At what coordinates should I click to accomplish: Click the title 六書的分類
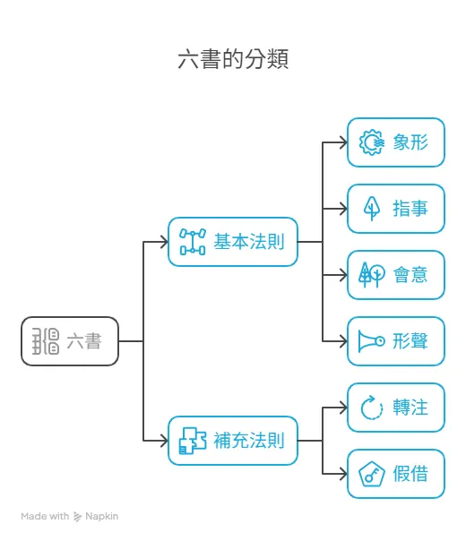tap(233, 60)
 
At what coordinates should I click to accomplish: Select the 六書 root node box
tap(70, 340)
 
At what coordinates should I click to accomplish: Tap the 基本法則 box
tap(232, 241)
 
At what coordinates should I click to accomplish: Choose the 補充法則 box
tap(232, 440)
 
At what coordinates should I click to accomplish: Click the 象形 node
tap(395, 142)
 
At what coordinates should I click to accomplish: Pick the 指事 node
tap(395, 208)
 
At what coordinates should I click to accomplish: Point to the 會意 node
tap(395, 274)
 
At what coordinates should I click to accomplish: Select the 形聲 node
tap(395, 340)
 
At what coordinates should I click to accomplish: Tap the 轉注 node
tap(395, 408)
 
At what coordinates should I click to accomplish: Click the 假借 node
tap(395, 474)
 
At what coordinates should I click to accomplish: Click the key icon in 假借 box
tap(371, 474)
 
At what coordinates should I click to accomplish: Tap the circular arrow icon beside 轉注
tap(371, 408)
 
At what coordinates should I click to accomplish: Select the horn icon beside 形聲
tap(371, 340)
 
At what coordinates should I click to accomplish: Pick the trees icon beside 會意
tap(371, 274)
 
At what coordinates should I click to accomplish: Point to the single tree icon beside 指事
tap(371, 208)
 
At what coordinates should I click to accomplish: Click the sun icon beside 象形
tap(371, 142)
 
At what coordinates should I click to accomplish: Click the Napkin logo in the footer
tap(78, 517)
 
